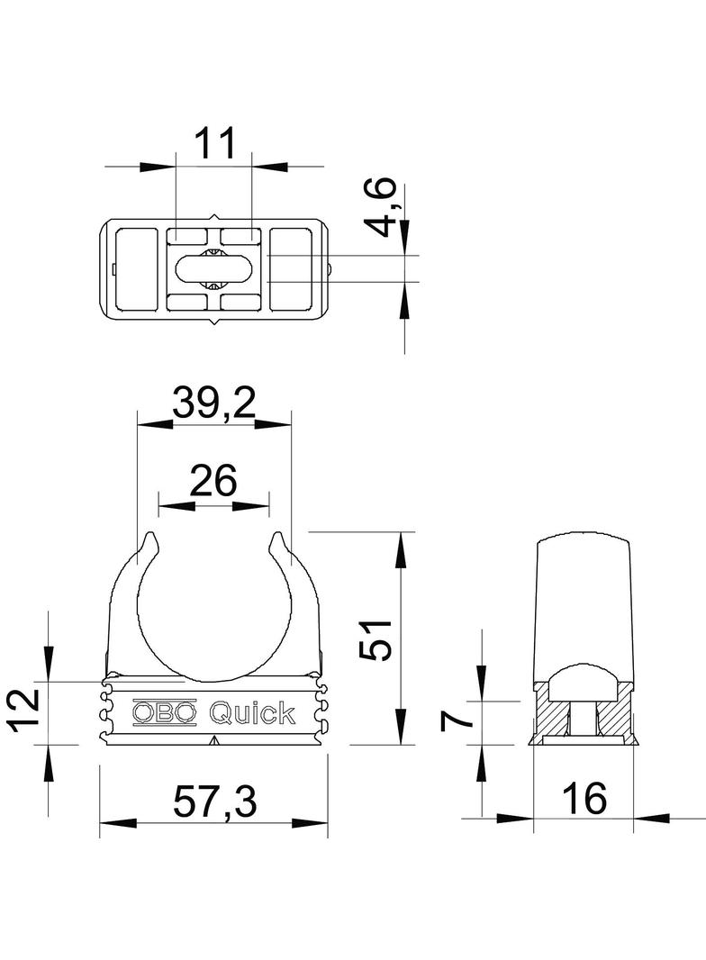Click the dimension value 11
click(214, 143)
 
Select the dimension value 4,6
click(383, 208)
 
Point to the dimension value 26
click(213, 481)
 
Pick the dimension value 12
click(24, 709)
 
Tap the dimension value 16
click(584, 797)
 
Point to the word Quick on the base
click(251, 713)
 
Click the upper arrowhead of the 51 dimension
click(400, 546)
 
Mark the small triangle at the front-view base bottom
click(214, 741)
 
